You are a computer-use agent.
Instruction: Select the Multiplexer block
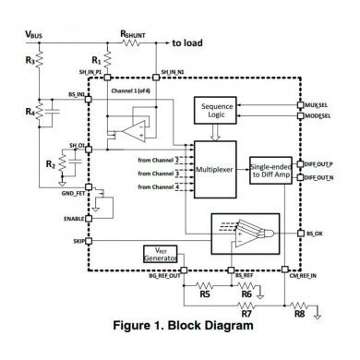(x=214, y=170)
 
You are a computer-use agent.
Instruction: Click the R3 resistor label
(x=30, y=62)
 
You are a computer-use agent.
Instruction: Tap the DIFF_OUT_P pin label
(x=319, y=163)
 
